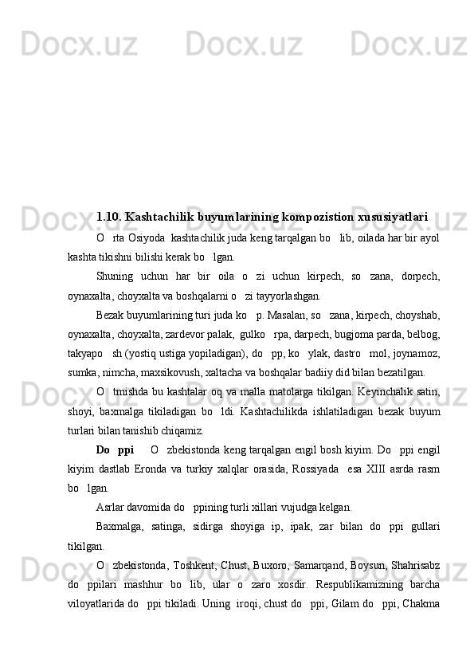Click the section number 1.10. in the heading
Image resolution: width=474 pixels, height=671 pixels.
(x=108, y=216)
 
